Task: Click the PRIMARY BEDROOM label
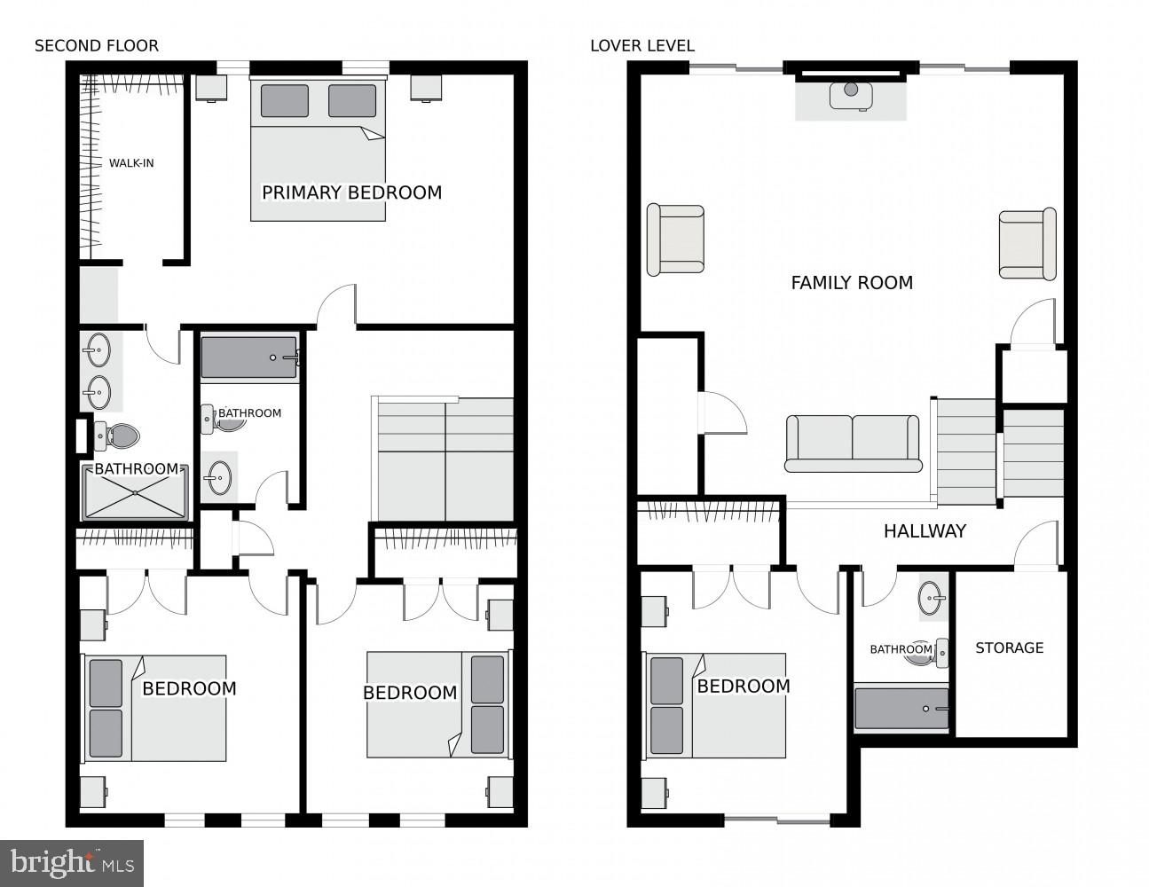(x=351, y=192)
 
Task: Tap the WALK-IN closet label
(x=131, y=163)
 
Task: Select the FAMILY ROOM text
(x=852, y=283)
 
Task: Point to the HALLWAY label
(x=925, y=531)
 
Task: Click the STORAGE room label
(x=1009, y=648)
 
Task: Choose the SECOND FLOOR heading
(x=97, y=46)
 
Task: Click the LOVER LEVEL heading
(x=642, y=46)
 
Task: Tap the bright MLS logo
(x=73, y=862)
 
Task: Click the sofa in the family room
(x=853, y=443)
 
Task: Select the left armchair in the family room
(x=675, y=239)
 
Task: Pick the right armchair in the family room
(x=1027, y=244)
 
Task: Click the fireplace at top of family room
(x=851, y=95)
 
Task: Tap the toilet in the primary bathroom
(x=119, y=435)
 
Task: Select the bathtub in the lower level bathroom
(x=901, y=709)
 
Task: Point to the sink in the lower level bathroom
(x=932, y=598)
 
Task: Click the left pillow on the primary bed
(x=285, y=101)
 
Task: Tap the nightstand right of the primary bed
(x=426, y=87)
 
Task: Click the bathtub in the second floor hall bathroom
(x=249, y=357)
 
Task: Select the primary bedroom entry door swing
(x=337, y=306)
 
